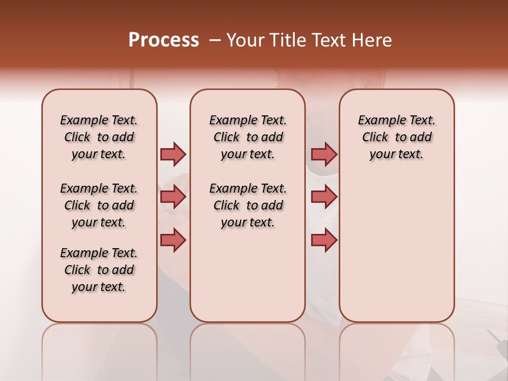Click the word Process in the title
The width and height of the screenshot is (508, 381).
[x=164, y=40]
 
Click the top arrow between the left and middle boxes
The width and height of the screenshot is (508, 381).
[x=173, y=154]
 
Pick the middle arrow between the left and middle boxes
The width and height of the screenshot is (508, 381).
[x=173, y=197]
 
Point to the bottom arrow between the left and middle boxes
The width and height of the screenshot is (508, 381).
[x=173, y=240]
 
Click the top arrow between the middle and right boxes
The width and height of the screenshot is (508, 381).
[x=324, y=154]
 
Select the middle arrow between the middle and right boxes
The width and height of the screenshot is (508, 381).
[x=324, y=197]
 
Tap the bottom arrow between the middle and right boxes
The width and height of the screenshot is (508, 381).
[x=324, y=240]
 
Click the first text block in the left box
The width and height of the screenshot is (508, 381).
[x=99, y=137]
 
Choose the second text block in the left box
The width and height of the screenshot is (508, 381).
[x=99, y=205]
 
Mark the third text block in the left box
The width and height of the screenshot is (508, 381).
[x=99, y=270]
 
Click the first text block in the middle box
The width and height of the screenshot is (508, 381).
[x=248, y=137]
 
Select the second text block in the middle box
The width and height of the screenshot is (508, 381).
[x=248, y=205]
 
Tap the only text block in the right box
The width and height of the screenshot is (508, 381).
[x=397, y=137]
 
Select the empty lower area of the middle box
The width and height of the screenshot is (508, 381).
[x=248, y=275]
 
